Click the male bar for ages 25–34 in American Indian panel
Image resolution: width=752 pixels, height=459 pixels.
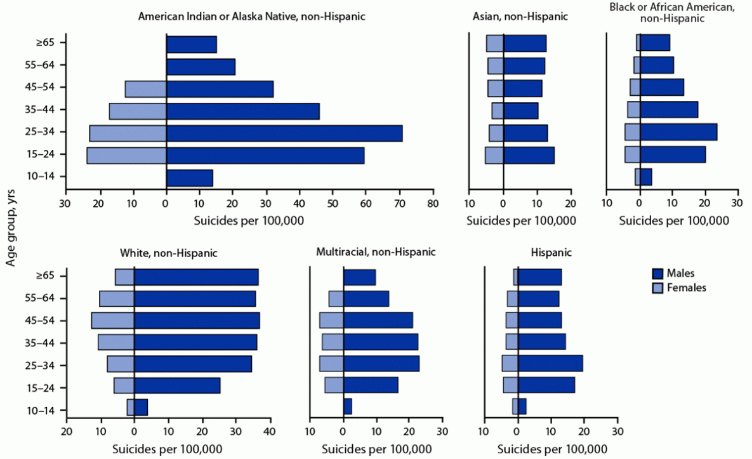pos(284,133)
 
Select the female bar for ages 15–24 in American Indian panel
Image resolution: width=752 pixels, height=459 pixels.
pos(126,156)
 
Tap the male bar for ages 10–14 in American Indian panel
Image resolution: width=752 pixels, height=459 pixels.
pos(189,178)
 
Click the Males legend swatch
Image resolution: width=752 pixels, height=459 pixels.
pos(658,274)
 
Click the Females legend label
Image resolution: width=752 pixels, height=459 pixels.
pos(689,288)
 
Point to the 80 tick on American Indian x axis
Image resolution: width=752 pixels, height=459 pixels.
pos(432,204)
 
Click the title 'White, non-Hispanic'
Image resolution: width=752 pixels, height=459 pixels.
pos(169,253)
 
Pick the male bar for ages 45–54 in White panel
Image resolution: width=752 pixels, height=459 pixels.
pos(197,320)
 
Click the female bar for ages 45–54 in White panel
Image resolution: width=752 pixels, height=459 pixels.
pos(112,320)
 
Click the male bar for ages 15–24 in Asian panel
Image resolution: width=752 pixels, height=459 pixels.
pos(529,156)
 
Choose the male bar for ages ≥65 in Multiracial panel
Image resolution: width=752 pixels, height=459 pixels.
pos(359,277)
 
